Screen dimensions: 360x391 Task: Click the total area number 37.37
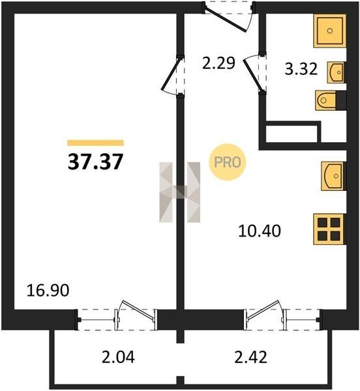click(95, 162)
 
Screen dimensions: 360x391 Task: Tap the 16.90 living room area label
click(48, 291)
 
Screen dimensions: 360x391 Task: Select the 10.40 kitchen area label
click(260, 231)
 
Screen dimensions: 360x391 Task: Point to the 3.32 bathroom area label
click(301, 69)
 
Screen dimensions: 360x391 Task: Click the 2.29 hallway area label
click(218, 63)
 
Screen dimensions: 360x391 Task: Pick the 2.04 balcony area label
click(118, 357)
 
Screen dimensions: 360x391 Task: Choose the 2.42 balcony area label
click(250, 357)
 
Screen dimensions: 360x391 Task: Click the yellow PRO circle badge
click(227, 162)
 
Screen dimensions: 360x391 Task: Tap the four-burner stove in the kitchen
click(329, 229)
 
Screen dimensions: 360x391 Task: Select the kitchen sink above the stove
click(333, 176)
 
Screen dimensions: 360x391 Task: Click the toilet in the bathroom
click(325, 100)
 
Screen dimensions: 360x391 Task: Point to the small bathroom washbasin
click(337, 72)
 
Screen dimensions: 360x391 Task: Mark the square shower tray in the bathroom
click(329, 31)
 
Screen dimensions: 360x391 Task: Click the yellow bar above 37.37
click(96, 143)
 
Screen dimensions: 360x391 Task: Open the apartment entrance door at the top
click(225, 20)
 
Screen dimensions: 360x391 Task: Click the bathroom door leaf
click(252, 74)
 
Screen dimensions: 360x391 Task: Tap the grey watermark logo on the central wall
click(179, 192)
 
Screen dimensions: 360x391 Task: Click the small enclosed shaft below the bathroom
click(292, 134)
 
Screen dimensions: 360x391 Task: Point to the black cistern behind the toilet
click(341, 100)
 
